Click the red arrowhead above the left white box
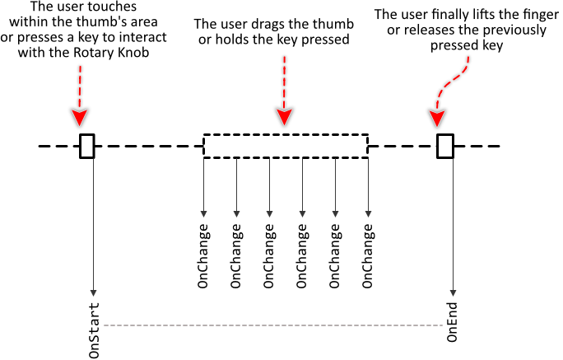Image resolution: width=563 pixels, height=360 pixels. [80, 117]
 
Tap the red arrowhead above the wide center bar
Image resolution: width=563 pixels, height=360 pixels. [284, 116]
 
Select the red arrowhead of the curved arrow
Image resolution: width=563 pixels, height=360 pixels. [437, 118]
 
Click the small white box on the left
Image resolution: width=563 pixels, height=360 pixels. [87, 146]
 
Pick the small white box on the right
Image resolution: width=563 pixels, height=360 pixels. [445, 146]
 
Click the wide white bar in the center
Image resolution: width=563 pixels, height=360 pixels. [286, 146]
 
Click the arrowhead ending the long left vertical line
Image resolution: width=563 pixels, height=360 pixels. [93, 292]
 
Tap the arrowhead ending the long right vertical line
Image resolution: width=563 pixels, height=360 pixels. [453, 292]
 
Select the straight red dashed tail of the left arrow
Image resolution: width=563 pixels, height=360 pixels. [80, 86]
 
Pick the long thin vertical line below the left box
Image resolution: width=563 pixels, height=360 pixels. [93, 222]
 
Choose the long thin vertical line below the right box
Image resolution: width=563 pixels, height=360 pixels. [453, 222]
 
